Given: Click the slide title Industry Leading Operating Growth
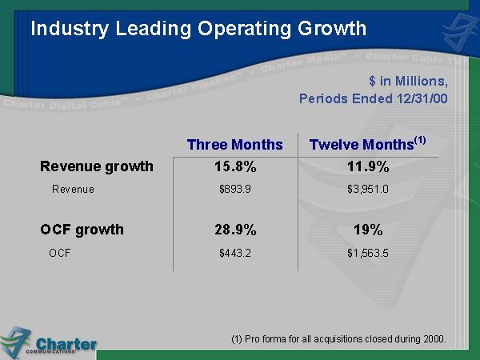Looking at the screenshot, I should [198, 29].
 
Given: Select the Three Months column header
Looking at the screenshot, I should [234, 145].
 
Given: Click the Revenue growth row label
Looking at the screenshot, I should [96, 166].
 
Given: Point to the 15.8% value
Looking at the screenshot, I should [234, 167].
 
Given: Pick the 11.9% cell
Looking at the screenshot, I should [367, 167].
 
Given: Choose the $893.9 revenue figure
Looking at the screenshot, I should [234, 190].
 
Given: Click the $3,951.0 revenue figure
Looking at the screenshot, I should [367, 190].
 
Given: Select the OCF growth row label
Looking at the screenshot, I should [82, 230].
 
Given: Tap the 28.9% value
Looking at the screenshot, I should [234, 230].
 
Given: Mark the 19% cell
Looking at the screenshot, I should [367, 230].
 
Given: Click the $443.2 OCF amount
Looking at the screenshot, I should [234, 254].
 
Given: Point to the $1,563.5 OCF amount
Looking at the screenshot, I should [367, 254].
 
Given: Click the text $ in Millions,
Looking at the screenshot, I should [408, 82].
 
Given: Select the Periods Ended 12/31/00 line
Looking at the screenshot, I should [373, 99].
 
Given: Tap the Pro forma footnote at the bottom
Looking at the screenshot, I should [338, 339].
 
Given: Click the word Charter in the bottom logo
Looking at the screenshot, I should [67, 344].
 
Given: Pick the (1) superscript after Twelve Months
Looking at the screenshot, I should [420, 140].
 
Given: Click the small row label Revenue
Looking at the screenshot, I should [73, 190].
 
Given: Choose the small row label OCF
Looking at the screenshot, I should [60, 254].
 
